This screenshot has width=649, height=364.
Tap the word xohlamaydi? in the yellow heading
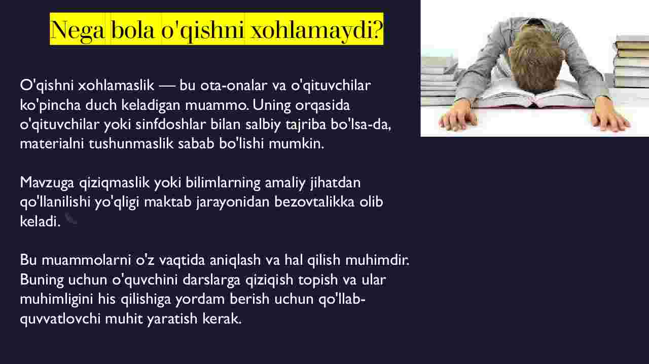317,30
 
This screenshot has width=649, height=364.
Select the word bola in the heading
132,29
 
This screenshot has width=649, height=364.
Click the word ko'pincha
50,105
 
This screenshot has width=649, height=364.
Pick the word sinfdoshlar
171,125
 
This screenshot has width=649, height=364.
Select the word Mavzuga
47,183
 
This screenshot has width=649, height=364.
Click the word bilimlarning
223,183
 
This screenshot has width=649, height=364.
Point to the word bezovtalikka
314,202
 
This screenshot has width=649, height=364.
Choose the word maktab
167,202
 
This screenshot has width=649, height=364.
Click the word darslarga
211,280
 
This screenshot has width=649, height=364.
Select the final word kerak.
222,318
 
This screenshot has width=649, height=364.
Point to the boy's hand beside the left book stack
458,116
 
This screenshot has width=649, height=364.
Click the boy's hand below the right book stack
610,116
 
